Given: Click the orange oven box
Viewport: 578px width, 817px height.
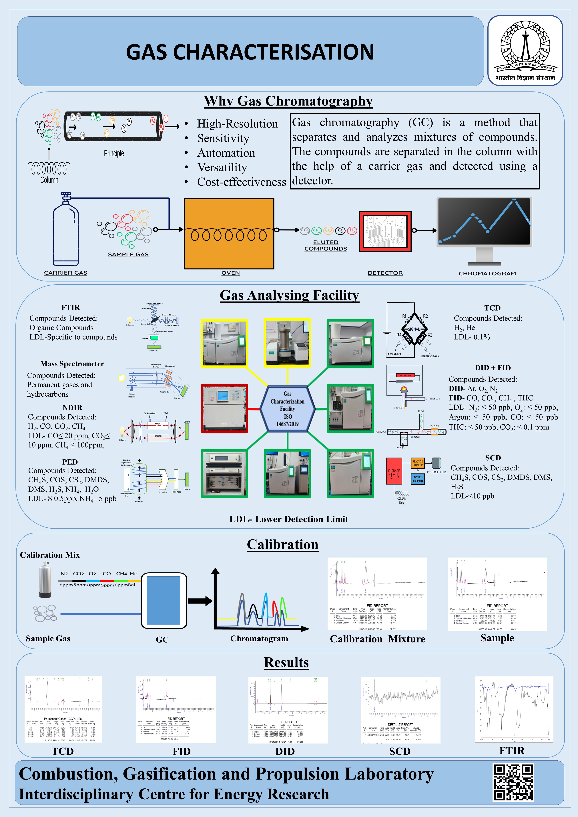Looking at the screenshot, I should click(229, 233).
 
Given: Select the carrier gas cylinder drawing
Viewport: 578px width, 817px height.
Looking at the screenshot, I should click(65, 231).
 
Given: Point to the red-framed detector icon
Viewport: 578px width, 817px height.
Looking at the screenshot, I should click(385, 231).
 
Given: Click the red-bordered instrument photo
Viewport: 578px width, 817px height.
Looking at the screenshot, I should click(224, 408).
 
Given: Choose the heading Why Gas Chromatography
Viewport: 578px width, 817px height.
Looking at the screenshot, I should click(288, 101).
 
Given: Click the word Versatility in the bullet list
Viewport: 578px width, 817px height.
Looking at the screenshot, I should click(222, 167).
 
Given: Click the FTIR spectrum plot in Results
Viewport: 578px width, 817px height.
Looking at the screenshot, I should click(514, 709).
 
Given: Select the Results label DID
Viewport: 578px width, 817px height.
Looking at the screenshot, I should click(285, 751).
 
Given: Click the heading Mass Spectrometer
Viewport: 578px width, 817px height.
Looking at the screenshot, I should click(72, 364).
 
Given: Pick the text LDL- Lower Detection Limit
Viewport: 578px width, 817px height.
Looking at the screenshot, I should click(289, 519).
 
